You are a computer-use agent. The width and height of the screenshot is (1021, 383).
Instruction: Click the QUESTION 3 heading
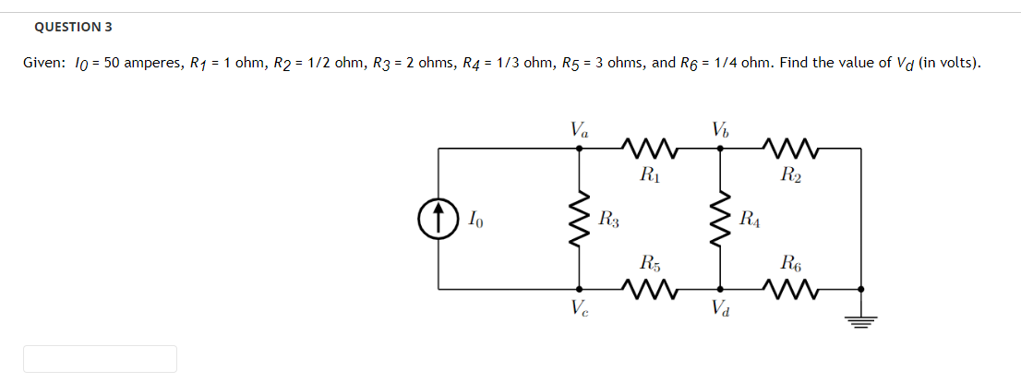click(x=66, y=27)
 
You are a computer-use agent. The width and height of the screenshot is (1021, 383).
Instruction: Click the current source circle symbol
click(x=437, y=218)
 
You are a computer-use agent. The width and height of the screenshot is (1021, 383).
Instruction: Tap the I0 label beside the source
click(x=473, y=219)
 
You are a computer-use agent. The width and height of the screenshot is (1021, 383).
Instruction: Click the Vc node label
click(x=579, y=307)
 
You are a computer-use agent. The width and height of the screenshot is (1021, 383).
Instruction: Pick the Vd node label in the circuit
click(x=720, y=307)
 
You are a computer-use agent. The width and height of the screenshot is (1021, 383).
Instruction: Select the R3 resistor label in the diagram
click(x=608, y=219)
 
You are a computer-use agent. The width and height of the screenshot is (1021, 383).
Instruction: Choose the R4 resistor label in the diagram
click(x=751, y=219)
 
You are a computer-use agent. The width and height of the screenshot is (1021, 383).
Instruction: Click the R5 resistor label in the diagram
click(x=649, y=264)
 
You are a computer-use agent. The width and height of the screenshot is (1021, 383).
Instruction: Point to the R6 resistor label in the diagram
click(x=790, y=264)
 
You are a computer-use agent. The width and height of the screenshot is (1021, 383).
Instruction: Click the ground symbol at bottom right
click(x=861, y=319)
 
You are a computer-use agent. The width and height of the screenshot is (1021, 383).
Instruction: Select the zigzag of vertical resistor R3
click(x=580, y=218)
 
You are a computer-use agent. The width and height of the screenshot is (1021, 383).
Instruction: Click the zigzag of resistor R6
click(x=790, y=289)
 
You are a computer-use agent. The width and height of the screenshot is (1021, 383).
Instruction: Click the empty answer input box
click(x=100, y=359)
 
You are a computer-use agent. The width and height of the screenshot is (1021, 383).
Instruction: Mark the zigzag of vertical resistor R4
click(x=721, y=218)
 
